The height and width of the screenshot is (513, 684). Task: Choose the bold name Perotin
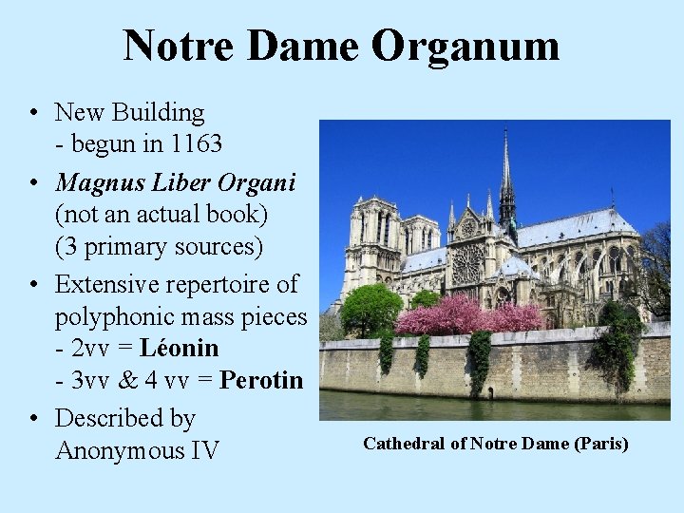pos(261,381)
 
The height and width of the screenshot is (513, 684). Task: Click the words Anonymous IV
pos(137,449)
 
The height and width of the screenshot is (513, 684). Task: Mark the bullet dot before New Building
pos(33,113)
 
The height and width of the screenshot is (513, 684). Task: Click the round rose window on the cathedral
pos(467,262)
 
